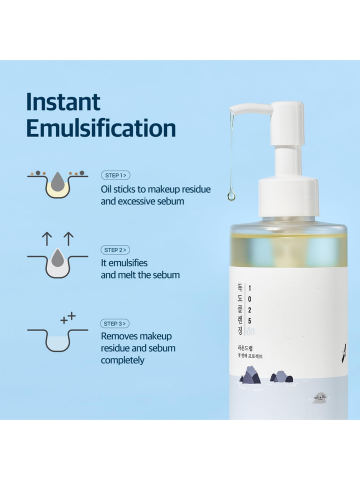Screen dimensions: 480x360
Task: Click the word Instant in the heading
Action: click(x=63, y=102)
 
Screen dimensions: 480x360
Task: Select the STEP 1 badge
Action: click(x=115, y=175)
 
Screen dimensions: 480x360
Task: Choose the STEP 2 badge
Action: click(x=115, y=249)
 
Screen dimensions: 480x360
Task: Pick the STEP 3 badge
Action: click(x=115, y=323)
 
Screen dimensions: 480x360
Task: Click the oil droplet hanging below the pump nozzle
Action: click(x=231, y=194)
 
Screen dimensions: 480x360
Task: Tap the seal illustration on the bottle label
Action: click(x=319, y=398)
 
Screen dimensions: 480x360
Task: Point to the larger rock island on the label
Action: click(x=250, y=375)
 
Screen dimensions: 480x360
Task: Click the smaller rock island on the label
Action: click(x=281, y=377)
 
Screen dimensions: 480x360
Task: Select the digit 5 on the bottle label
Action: click(x=250, y=320)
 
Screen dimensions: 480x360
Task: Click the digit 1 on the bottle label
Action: click(x=250, y=287)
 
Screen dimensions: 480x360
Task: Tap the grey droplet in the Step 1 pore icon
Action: click(x=57, y=181)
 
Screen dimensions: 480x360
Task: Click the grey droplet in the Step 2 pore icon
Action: click(x=57, y=258)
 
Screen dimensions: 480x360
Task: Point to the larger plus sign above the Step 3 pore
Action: click(x=71, y=315)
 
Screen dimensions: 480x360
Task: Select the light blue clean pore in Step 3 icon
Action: click(x=57, y=342)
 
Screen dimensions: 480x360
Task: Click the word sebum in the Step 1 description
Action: click(x=172, y=201)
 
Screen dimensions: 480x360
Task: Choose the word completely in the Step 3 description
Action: click(x=122, y=360)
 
